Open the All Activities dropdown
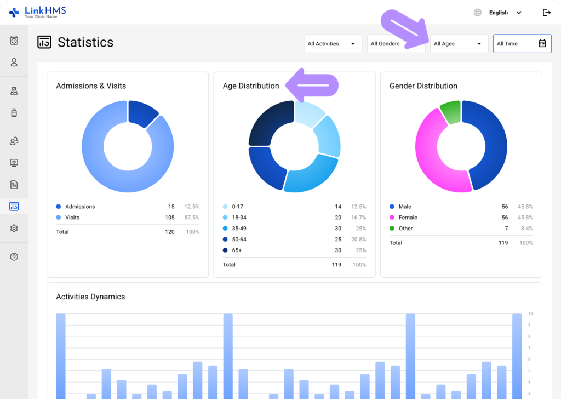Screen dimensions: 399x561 [333, 44]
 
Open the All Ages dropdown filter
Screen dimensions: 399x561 [459, 44]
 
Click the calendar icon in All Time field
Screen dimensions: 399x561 [542, 44]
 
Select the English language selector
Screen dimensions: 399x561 [499, 13]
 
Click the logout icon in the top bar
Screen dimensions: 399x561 [546, 13]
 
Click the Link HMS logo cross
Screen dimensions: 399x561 [14, 12]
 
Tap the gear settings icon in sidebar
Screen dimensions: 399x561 [14, 229]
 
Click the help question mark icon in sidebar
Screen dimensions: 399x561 [14, 256]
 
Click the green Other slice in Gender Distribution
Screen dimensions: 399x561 [450, 112]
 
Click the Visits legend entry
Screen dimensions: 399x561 [72, 218]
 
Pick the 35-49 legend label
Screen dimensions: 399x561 [240, 229]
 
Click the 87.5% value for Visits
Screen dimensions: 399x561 [192, 218]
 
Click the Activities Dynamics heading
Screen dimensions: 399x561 [90, 297]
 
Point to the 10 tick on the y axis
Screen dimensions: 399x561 [530, 314]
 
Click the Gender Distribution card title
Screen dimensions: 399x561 [423, 86]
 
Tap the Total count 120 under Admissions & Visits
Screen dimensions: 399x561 [170, 232]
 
